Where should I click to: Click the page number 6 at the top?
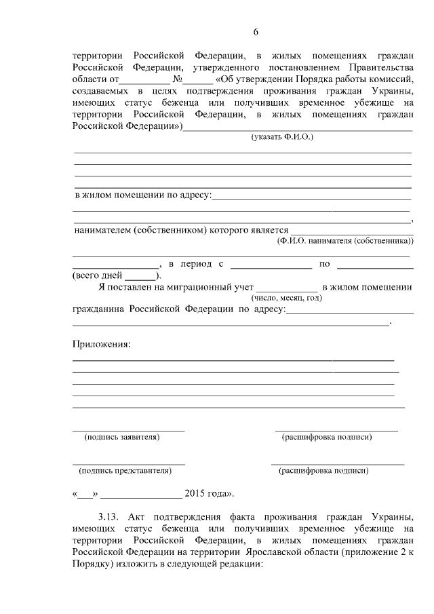tap(256, 32)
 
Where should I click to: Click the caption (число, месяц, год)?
tap(287, 297)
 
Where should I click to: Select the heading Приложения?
tap(101, 344)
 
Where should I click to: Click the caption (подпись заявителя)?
tap(121, 438)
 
